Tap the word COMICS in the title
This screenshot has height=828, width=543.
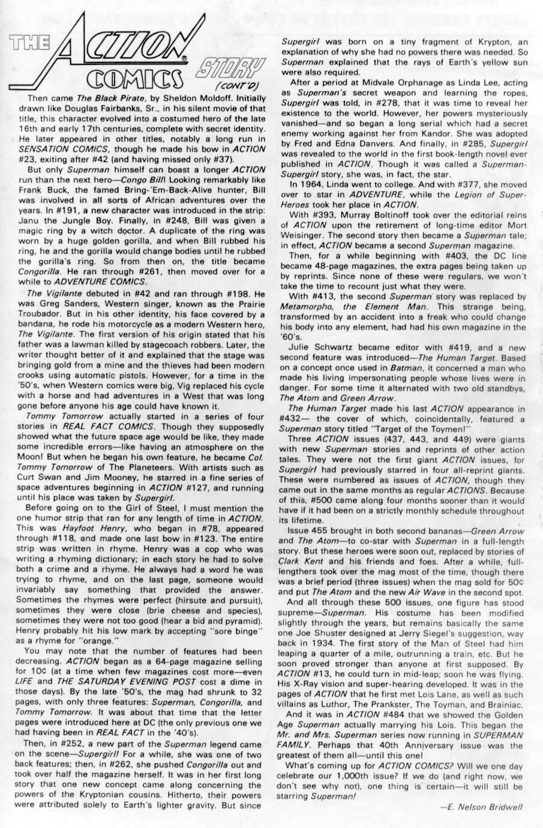click(x=132, y=77)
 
